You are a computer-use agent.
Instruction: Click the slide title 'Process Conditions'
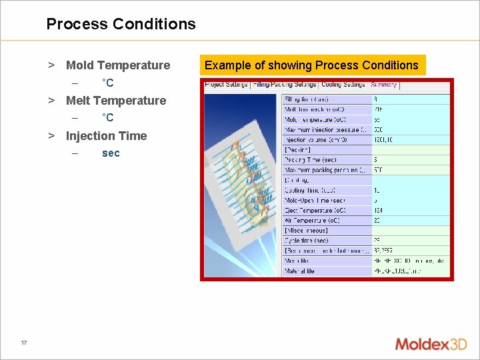point(121,24)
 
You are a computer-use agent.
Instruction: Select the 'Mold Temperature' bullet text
point(117,65)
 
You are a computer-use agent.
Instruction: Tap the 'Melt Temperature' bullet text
point(115,101)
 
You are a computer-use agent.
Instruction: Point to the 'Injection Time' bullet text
point(106,136)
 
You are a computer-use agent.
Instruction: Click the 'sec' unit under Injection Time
point(111,153)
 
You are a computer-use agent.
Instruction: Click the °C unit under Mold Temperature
point(107,83)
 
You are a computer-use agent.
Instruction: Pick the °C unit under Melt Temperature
point(107,118)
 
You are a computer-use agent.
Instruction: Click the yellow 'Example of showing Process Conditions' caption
point(311,65)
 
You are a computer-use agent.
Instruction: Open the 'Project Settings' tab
point(226,85)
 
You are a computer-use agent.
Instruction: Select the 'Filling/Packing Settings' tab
point(285,85)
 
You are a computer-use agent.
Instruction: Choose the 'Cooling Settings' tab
point(343,85)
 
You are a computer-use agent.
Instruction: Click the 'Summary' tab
point(383,85)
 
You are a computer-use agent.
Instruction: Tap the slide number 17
point(24,343)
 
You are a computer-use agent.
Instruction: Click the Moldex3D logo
point(431,345)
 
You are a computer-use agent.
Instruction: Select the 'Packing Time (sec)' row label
point(311,160)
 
